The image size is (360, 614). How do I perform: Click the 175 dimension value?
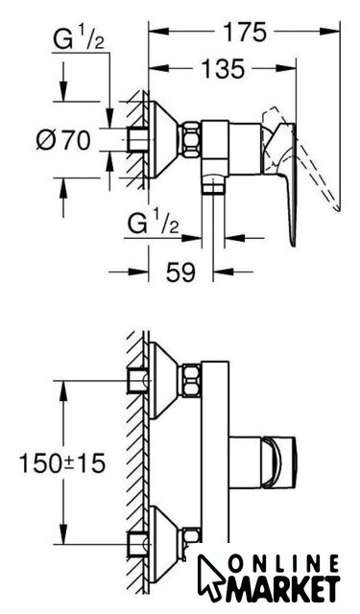coord(245,32)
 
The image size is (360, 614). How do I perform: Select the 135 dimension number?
coord(223,68)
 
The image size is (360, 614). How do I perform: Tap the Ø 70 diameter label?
coord(63,140)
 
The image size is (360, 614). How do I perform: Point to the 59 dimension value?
coord(180,272)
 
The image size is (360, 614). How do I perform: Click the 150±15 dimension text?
coord(62,462)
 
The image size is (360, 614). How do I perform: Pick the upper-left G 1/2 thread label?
coord(79,40)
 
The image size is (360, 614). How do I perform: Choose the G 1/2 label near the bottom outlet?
coord(154,224)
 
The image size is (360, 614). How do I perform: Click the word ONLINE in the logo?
coord(283,566)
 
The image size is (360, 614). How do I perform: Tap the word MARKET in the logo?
coord(281,589)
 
